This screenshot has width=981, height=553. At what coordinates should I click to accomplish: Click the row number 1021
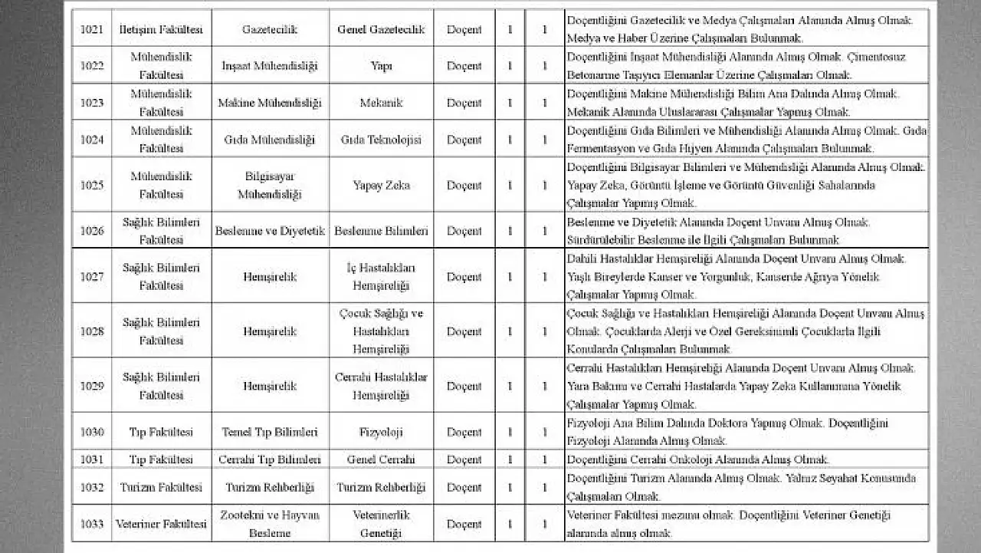92,29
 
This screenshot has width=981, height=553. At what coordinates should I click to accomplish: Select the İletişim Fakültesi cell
161,29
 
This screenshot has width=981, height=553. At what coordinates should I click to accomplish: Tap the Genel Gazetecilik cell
381,29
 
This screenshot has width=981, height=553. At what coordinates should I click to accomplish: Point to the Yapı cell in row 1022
381,66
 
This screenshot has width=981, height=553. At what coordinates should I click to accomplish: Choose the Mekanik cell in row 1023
381,103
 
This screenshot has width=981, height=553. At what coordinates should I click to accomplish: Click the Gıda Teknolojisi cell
381,140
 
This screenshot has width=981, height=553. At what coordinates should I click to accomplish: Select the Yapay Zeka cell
381,185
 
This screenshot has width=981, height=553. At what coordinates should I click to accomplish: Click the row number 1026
92,231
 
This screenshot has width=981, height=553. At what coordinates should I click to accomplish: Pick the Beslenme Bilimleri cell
381,231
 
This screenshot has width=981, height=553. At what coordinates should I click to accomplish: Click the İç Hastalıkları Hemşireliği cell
381,276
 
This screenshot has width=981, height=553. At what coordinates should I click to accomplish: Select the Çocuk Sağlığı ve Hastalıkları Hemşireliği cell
381,331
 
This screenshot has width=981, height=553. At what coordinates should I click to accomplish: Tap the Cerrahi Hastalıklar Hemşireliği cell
381,386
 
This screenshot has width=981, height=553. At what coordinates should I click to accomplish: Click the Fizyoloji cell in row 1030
381,433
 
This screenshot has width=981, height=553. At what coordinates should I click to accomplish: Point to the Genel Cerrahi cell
381,459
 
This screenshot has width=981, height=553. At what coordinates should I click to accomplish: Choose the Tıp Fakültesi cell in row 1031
161,459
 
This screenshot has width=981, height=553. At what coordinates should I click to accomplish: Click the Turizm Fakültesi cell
161,487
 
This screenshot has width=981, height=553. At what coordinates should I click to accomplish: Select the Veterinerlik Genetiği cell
381,525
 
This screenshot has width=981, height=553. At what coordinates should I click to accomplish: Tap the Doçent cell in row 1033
464,525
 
